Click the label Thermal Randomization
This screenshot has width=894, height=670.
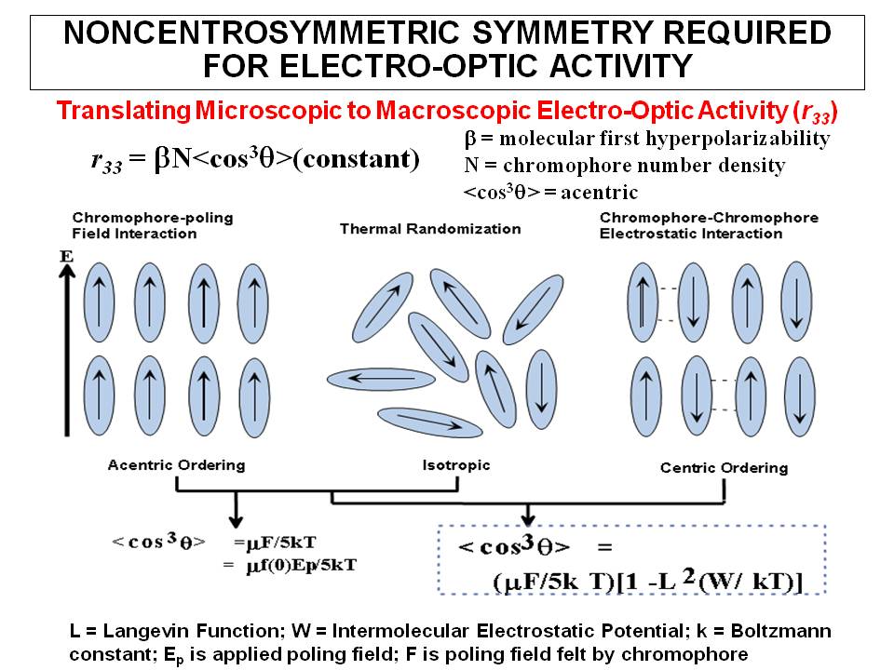[430, 228]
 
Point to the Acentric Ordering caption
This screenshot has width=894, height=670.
[176, 464]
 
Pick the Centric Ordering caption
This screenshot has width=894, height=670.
[724, 467]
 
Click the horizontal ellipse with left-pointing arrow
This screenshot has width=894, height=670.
[381, 379]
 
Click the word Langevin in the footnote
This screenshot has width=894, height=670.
[140, 631]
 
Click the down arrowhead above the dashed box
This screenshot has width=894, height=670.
[529, 514]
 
